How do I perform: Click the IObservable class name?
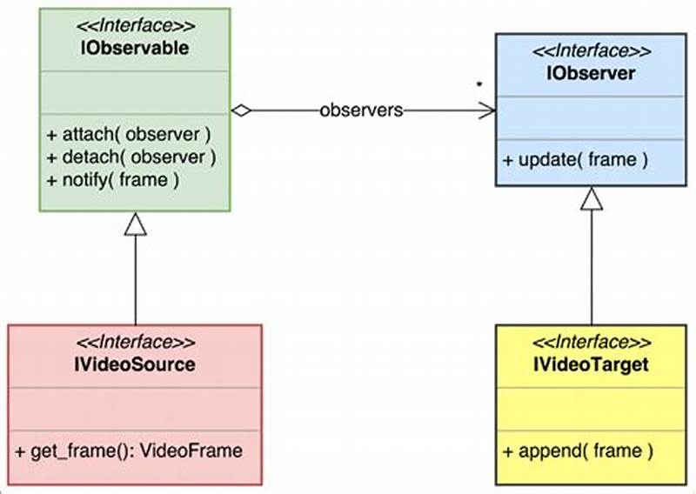point(135,49)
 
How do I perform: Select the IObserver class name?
point(591,73)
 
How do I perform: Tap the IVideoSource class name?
point(136,364)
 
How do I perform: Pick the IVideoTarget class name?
point(591,364)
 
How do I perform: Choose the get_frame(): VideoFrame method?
point(129,451)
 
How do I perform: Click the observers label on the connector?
point(361,110)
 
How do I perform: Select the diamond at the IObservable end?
point(241,110)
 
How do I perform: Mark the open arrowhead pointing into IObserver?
point(487,110)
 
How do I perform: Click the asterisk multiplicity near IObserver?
point(478,85)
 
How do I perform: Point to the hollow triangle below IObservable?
point(135,224)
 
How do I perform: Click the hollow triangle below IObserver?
point(592,199)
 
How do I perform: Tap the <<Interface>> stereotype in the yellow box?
point(591,343)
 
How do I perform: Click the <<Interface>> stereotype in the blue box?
point(591,51)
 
